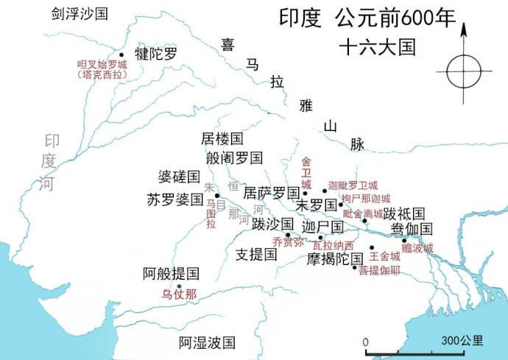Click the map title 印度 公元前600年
pyautogui.click(x=367, y=17)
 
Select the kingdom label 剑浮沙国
pyautogui.click(x=77, y=13)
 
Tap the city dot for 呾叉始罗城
pyautogui.click(x=121, y=54)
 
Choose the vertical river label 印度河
pyautogui.click(x=49, y=162)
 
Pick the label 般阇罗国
pyautogui.click(x=235, y=157)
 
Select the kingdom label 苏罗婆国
pyautogui.click(x=174, y=199)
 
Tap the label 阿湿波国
pyautogui.click(x=208, y=342)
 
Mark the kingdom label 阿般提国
pyautogui.click(x=171, y=274)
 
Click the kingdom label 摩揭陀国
pyautogui.click(x=336, y=258)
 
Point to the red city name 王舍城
pyautogui.click(x=384, y=256)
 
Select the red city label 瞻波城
pyautogui.click(x=417, y=248)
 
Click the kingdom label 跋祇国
pyautogui.click(x=403, y=213)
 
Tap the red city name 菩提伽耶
pyautogui.click(x=380, y=270)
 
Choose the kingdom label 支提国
pyautogui.click(x=255, y=255)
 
